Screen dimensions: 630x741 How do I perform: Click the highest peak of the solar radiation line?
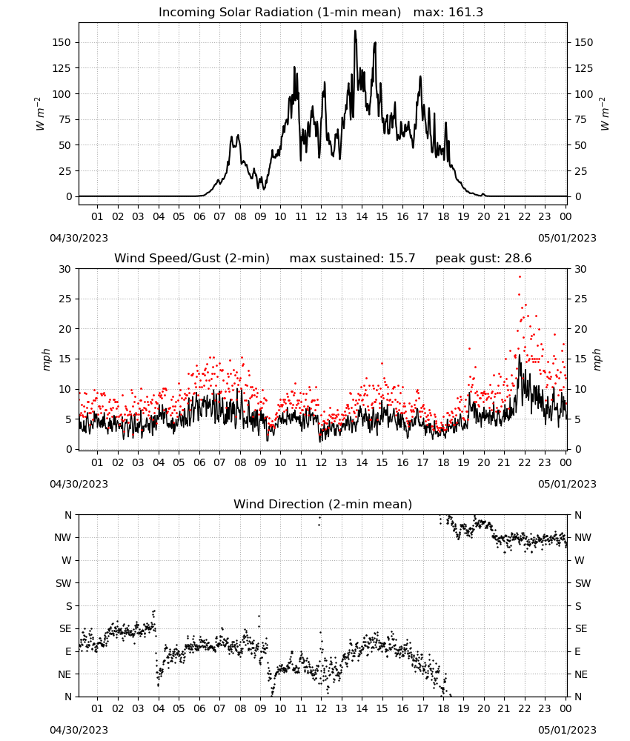pos(356,31)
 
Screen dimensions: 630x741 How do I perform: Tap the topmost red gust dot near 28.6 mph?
pos(520,277)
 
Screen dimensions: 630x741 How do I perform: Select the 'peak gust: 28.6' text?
pos(483,259)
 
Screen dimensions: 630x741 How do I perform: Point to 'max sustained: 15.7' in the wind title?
pos(352,259)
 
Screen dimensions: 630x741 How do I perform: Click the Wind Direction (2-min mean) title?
pos(323,504)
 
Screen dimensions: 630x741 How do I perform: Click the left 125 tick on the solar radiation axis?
pos(62,68)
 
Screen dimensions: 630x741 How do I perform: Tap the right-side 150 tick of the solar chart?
pos(584,42)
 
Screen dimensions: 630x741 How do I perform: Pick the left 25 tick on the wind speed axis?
pos(64,299)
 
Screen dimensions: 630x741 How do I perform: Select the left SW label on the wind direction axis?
pos(63,583)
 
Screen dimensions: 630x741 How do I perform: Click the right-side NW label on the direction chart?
pos(583,537)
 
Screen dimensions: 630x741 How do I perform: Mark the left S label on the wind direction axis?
pos(68,606)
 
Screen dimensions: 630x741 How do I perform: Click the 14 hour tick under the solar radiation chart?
pos(362,216)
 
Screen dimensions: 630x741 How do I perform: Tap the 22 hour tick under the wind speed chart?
pos(524,462)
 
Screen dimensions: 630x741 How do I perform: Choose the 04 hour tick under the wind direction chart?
pos(159,708)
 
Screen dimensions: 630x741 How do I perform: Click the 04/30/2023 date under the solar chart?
pos(79,238)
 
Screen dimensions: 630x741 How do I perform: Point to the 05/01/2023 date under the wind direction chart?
pos(567,730)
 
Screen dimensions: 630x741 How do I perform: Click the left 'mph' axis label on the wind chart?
pos(46,359)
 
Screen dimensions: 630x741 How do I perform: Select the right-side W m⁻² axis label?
pos(606,114)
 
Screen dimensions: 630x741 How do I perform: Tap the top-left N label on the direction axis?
pos(68,515)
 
